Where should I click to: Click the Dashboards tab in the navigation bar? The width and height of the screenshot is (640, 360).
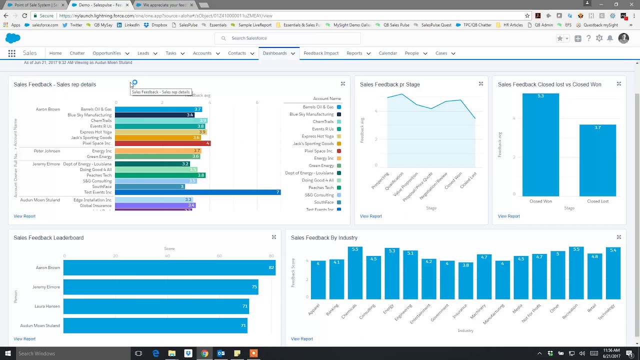274,53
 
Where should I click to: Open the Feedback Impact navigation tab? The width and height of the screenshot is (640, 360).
321,53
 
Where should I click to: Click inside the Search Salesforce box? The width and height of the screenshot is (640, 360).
290,38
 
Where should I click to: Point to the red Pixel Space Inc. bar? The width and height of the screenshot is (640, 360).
162,143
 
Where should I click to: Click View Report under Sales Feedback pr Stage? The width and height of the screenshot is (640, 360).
370,216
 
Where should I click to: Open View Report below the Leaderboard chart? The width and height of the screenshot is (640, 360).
24,339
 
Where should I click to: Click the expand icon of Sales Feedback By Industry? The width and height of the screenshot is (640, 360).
618,237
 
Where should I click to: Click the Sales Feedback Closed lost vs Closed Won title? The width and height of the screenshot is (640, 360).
549,84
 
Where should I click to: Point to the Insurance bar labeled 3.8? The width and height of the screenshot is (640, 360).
465,280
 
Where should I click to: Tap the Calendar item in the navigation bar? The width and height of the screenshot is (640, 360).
387,53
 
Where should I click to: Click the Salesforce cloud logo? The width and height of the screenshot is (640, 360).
13,38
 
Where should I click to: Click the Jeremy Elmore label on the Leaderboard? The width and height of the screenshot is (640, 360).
46,287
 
